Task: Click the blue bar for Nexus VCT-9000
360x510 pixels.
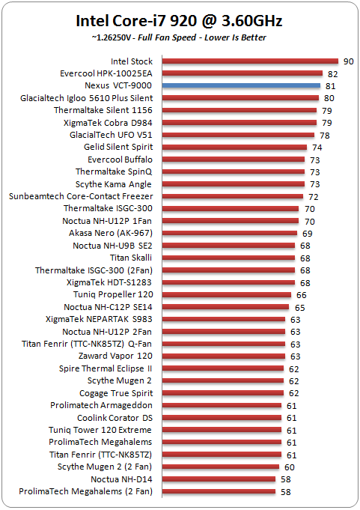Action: click(x=242, y=85)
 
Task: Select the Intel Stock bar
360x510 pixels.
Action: click(x=250, y=61)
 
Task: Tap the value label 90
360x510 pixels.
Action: click(x=348, y=61)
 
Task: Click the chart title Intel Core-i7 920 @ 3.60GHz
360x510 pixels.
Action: click(x=179, y=21)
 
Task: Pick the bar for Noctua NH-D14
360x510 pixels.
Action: click(x=219, y=479)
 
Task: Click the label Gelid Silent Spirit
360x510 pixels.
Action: click(x=118, y=147)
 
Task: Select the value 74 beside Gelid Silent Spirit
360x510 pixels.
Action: click(x=317, y=148)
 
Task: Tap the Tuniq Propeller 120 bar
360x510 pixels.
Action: click(x=227, y=294)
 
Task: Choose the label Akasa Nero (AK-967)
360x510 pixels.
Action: click(x=111, y=233)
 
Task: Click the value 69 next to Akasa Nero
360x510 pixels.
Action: click(x=307, y=234)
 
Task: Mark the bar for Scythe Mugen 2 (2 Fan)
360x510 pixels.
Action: click(x=221, y=467)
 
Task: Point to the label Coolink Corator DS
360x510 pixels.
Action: click(x=115, y=418)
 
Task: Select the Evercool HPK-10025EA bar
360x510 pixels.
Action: click(x=242, y=73)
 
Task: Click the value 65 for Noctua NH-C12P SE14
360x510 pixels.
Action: click(x=299, y=308)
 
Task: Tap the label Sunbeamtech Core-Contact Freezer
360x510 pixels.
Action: click(x=81, y=196)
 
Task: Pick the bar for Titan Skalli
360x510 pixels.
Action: click(x=229, y=258)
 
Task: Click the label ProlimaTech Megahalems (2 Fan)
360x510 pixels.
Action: click(x=85, y=491)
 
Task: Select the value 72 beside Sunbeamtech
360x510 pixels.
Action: click(x=313, y=197)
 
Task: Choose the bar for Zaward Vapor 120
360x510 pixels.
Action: click(x=224, y=356)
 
